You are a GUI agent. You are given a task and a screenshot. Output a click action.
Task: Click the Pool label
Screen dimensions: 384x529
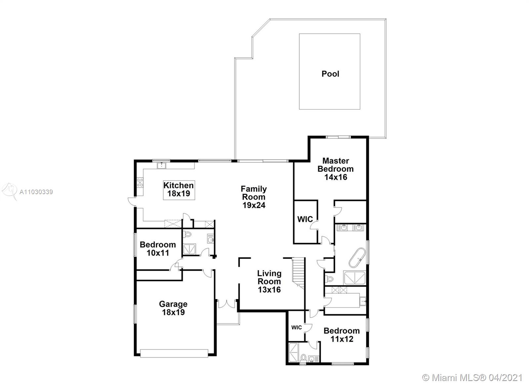330,74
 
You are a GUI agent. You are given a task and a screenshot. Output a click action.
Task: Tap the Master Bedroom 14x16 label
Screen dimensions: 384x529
335,169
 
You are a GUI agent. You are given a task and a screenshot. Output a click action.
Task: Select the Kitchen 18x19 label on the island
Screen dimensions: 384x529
179,190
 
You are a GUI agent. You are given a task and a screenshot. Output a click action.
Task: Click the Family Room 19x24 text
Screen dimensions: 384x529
254,197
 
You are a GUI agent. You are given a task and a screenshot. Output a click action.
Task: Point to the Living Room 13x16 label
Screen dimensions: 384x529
269,281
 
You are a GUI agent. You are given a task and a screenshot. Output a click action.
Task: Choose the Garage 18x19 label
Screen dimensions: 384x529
173,308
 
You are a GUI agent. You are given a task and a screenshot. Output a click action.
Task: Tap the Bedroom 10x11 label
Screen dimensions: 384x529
158,249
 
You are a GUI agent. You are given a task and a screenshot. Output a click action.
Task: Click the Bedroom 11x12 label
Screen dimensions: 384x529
342,334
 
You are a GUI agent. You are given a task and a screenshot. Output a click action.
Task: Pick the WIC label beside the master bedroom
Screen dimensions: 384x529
305,219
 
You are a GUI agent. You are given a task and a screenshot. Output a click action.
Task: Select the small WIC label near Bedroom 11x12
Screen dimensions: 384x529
296,328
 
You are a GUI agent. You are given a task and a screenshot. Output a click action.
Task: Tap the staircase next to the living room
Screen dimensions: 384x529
298,272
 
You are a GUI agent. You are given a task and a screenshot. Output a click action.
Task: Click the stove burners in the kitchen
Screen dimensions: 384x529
140,183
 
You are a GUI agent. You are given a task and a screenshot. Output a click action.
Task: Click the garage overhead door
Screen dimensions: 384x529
174,353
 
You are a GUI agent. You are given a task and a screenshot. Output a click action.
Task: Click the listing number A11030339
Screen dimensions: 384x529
36,192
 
